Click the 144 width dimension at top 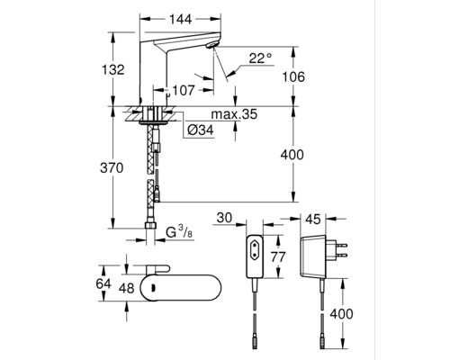tap(180, 20)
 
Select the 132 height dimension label tap(113, 70)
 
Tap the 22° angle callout tap(260, 58)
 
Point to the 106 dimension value tap(293, 76)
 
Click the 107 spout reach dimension tap(184, 90)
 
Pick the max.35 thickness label tap(234, 114)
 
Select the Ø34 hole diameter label tap(201, 130)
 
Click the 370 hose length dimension tap(112, 168)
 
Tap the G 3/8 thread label tap(179, 232)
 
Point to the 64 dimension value tap(103, 283)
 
